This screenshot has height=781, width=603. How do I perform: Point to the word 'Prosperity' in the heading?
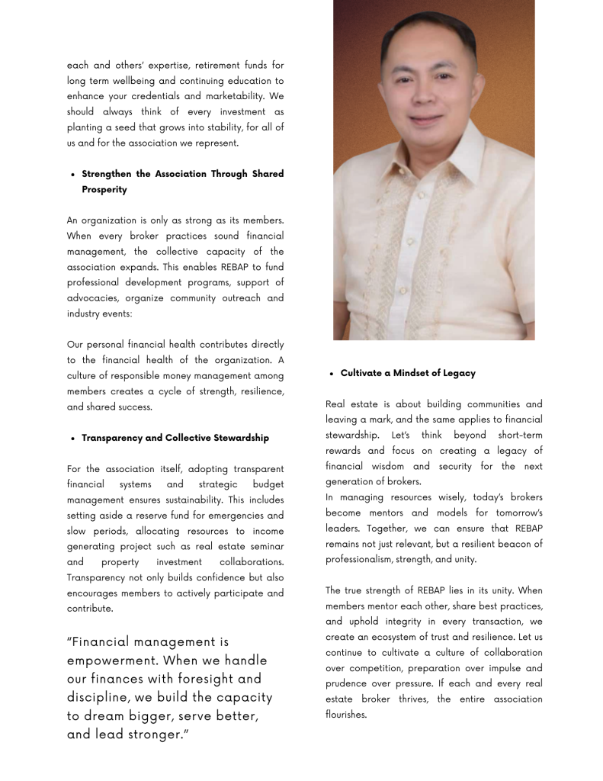(104, 189)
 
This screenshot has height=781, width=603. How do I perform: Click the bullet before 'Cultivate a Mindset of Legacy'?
(331, 374)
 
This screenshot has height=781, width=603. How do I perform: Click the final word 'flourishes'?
(345, 715)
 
